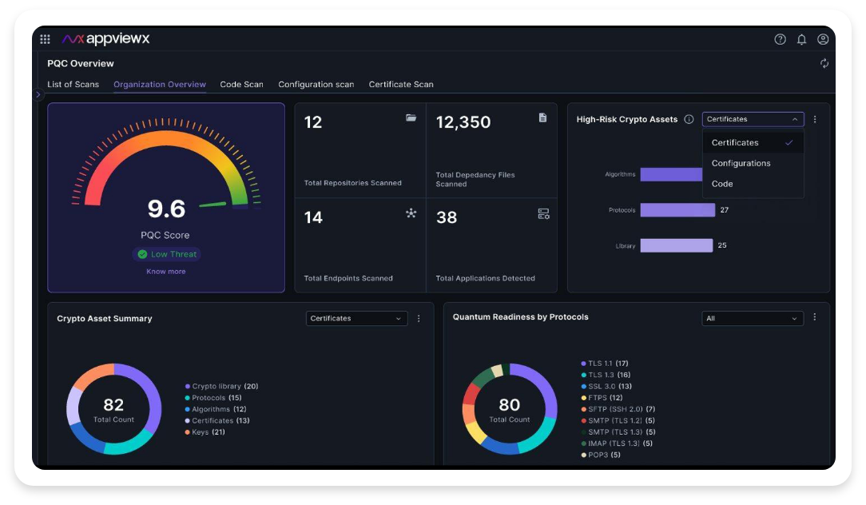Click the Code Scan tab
(241, 84)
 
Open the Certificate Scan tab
(401, 84)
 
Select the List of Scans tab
(73, 84)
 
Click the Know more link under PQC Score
(166, 272)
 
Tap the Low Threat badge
(167, 254)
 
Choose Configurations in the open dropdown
(741, 163)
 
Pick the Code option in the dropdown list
(722, 184)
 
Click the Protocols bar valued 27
(677, 210)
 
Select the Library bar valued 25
(676, 245)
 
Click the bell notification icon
(801, 39)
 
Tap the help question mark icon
(781, 39)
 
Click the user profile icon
(823, 39)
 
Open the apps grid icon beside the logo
(46, 39)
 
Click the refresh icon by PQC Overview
(824, 63)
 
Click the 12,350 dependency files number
(463, 122)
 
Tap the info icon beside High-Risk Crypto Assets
(689, 119)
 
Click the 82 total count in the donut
(113, 405)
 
